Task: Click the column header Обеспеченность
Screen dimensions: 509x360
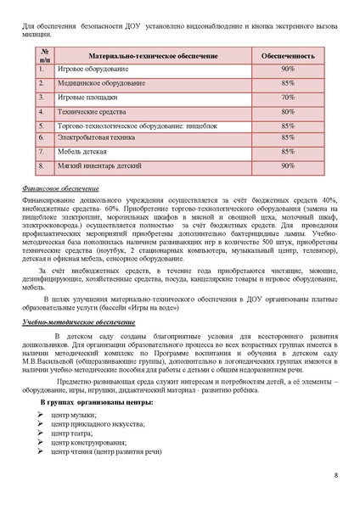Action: [x=288, y=53]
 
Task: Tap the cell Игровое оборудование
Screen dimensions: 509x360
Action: [x=93, y=69]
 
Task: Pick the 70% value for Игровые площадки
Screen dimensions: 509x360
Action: [x=288, y=97]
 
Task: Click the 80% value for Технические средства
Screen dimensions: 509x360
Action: [x=288, y=111]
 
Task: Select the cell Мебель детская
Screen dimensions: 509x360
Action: [x=82, y=151]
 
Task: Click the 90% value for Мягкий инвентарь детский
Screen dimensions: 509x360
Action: [x=288, y=165]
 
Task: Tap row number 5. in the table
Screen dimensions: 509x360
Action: [x=42, y=126]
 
